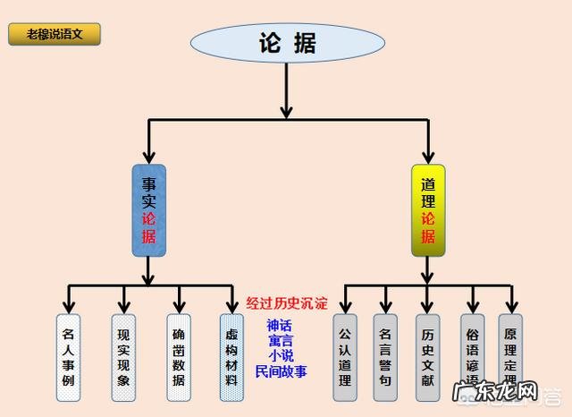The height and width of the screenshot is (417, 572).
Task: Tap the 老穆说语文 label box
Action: tap(55, 35)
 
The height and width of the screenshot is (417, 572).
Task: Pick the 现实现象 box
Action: tap(123, 356)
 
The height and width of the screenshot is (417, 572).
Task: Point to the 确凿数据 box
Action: tap(179, 356)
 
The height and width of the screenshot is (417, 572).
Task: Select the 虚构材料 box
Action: tap(231, 356)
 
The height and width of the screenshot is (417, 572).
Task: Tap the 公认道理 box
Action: tap(345, 356)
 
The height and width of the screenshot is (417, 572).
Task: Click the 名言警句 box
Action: tap(385, 356)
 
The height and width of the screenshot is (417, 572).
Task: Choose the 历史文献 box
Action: tap(427, 356)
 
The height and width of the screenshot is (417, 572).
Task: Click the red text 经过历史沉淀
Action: tap(286, 303)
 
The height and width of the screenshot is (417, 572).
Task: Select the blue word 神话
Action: tap(281, 326)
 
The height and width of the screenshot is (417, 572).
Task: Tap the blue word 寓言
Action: tap(281, 341)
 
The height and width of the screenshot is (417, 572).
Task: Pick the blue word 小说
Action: tap(281, 356)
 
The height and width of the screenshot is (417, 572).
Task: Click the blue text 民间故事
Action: tap(281, 371)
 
